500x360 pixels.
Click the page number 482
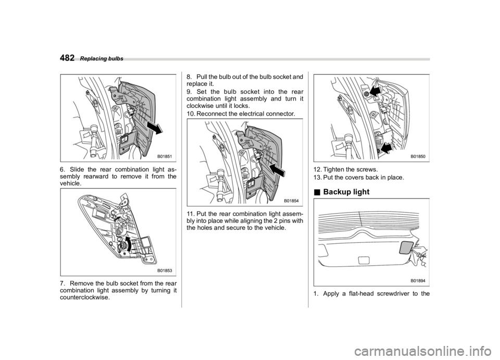pyautogui.click(x=67, y=58)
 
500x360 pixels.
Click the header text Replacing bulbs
pyautogui.click(x=102, y=59)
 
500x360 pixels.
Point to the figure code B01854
pyautogui.click(x=292, y=201)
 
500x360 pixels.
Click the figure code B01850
pyautogui.click(x=418, y=156)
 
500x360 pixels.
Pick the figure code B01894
pyautogui.click(x=418, y=281)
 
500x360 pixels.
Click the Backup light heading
pyautogui.click(x=346, y=192)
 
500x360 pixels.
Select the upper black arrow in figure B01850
pyautogui.click(x=373, y=92)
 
